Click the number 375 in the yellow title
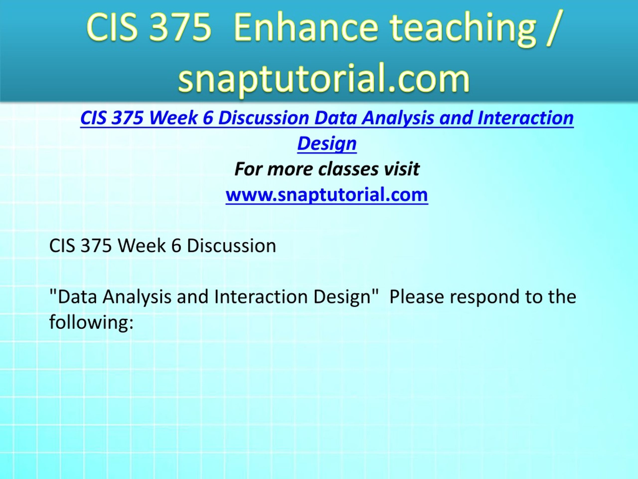[x=180, y=27]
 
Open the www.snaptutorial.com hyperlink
[x=327, y=195]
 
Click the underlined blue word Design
[x=327, y=144]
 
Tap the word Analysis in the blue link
[x=398, y=119]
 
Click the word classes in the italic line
[x=348, y=169]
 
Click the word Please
[x=416, y=297]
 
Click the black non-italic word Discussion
[x=231, y=246]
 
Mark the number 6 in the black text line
[x=176, y=246]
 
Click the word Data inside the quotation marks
[x=77, y=297]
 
